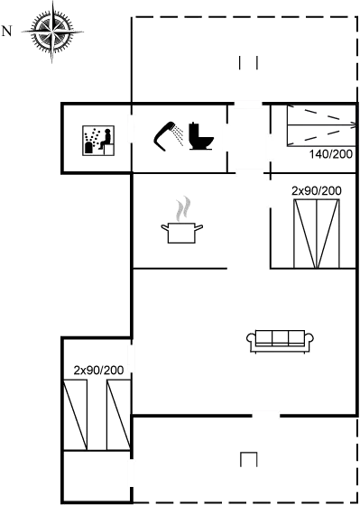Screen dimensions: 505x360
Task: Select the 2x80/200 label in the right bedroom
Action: tap(316, 191)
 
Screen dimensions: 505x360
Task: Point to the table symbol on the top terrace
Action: tap(250, 62)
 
